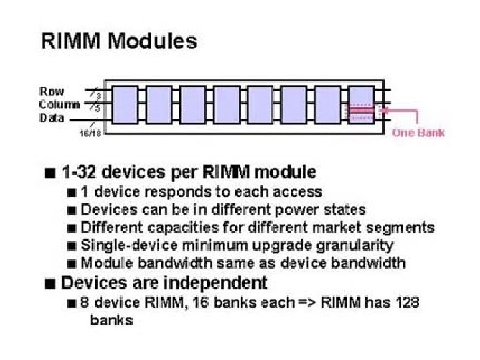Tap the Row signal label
[52, 91]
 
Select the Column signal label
[59, 105]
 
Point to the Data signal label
[52, 118]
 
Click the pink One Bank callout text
[418, 132]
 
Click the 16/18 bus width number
[89, 134]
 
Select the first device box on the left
[125, 105]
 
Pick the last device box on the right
[361, 105]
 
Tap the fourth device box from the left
[227, 105]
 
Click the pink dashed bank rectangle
[361, 112]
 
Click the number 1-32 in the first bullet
[79, 172]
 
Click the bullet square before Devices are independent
[51, 283]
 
